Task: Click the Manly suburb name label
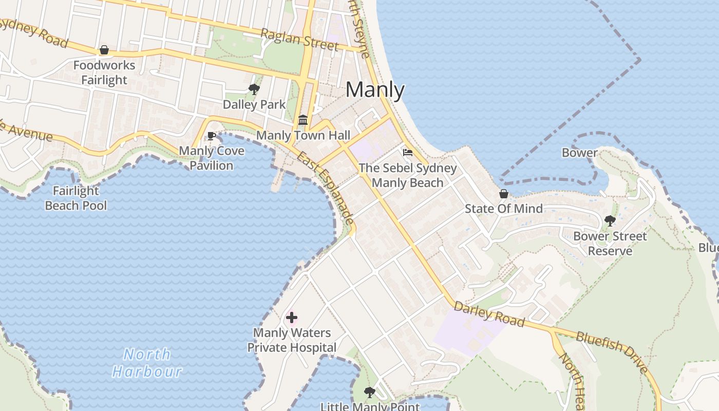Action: point(375,90)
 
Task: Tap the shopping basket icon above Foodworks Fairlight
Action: point(104,50)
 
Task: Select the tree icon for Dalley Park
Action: point(254,89)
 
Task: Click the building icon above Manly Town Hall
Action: point(303,120)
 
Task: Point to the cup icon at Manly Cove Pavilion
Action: point(211,136)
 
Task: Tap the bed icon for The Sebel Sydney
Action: point(408,153)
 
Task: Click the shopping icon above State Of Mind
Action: point(504,194)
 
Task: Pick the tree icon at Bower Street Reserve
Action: point(610,221)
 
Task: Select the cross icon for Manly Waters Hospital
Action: point(292,317)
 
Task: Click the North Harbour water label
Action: point(147,363)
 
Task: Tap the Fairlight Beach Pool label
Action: point(76,198)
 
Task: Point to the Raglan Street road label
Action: point(300,40)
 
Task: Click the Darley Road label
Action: point(489,314)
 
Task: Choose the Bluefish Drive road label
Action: point(612,352)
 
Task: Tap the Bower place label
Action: point(579,153)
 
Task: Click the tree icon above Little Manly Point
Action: point(369,393)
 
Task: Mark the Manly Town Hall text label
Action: point(303,136)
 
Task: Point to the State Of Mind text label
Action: point(503,209)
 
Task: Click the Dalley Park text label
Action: point(254,105)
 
